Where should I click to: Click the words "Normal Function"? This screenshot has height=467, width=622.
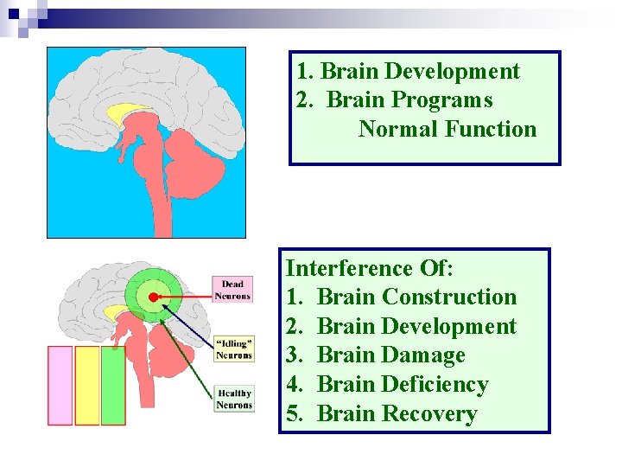[x=447, y=130]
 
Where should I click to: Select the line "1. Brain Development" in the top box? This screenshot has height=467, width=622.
[x=408, y=72]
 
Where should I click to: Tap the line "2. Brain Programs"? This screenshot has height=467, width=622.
[x=394, y=100]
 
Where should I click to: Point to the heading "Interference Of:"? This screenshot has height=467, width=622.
[x=369, y=268]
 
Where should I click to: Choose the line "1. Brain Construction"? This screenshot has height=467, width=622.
[x=401, y=297]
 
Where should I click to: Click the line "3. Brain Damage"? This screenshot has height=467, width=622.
[x=376, y=355]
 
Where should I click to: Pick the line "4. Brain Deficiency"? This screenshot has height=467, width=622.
[x=387, y=385]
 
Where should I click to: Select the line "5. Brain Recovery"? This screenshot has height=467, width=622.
[x=382, y=414]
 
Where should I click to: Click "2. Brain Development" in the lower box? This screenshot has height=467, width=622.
[x=401, y=326]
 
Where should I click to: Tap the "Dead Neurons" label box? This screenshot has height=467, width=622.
[x=232, y=290]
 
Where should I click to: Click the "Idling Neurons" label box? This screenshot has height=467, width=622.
[x=233, y=347]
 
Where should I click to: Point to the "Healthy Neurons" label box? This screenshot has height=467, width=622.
[x=234, y=400]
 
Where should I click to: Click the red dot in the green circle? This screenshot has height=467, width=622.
[x=154, y=297]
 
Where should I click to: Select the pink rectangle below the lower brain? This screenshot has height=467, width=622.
[x=60, y=385]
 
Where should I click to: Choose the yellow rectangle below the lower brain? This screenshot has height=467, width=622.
[x=87, y=385]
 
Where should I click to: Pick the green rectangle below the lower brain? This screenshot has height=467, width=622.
[x=113, y=385]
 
